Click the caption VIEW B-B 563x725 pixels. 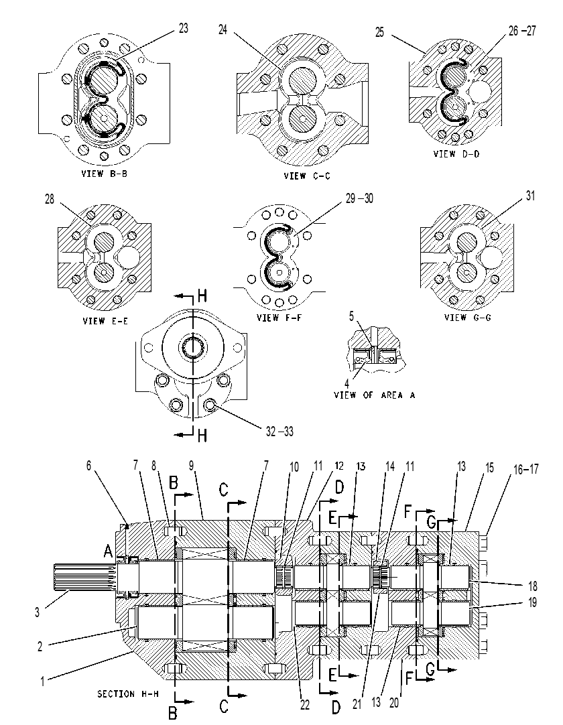(x=104, y=174)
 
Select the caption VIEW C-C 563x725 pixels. (x=307, y=176)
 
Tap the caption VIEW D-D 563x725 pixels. (x=456, y=154)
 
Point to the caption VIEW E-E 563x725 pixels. (x=105, y=321)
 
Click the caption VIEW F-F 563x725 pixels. (x=279, y=318)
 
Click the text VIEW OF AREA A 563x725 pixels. (x=375, y=395)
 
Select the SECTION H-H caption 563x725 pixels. (x=123, y=694)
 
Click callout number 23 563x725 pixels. (x=184, y=28)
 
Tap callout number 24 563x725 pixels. (x=223, y=30)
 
